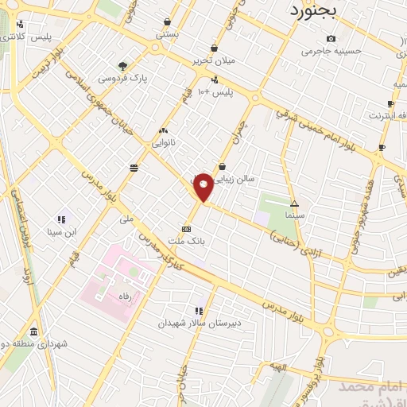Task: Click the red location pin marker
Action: click(x=203, y=187)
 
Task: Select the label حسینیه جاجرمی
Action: click(x=331, y=51)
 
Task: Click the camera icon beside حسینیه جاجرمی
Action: click(x=331, y=39)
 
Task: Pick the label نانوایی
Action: click(x=165, y=143)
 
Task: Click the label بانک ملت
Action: click(x=186, y=240)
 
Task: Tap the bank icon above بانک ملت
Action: click(x=186, y=228)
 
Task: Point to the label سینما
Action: click(x=294, y=215)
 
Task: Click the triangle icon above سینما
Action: click(x=294, y=203)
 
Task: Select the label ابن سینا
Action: click(x=60, y=232)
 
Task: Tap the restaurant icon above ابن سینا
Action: click(x=61, y=219)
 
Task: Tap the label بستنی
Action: click(x=167, y=34)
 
